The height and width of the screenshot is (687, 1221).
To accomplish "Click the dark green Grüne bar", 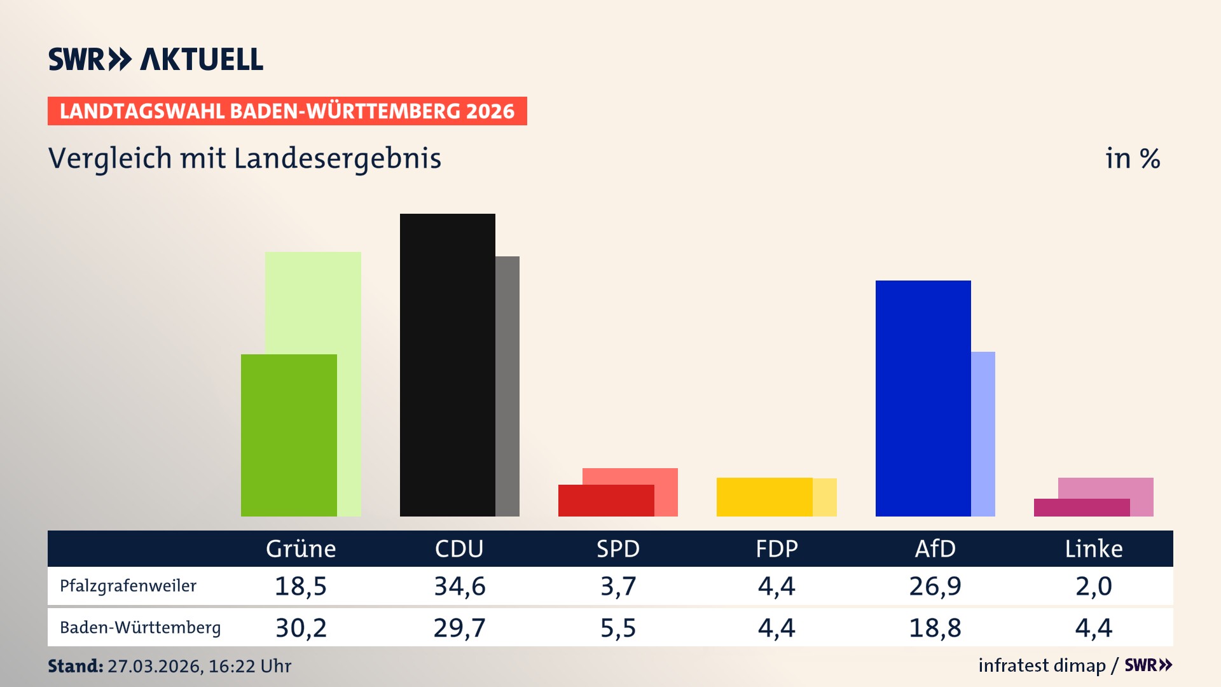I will coord(289,435).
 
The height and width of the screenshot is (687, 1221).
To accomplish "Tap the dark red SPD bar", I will coord(605,501).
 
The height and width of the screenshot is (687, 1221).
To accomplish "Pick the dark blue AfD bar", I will coord(923,398).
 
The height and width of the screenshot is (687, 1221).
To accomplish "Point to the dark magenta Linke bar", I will coord(1081,508).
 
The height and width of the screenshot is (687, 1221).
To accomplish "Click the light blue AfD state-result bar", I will coord(983,434).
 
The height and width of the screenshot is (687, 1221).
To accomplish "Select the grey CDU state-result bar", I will coord(507,386).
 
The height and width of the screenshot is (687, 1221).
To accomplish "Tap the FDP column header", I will coord(776,549).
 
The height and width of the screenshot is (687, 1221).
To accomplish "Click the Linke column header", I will coord(1094,549).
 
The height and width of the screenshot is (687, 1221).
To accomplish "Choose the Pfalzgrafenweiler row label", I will coord(128,586).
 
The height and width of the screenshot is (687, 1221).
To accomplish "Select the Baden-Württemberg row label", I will coord(140,628).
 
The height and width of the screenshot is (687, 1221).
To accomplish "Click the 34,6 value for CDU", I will coord(459,586).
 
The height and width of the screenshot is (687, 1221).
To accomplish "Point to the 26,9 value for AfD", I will coord(935,586).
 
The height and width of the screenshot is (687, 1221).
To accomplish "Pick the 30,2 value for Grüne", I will coord(301,628).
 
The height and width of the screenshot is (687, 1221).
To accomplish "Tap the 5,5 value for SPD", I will coord(618,628).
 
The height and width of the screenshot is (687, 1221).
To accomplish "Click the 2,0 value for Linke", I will coord(1094,586).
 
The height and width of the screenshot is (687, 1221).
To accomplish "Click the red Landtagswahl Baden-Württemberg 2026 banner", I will coord(287,111).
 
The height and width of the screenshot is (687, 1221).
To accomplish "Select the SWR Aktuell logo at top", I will coord(156,59).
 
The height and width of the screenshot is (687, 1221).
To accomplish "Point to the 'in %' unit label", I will coord(1133,159).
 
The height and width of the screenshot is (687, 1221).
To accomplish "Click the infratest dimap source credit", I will coord(1042,665).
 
